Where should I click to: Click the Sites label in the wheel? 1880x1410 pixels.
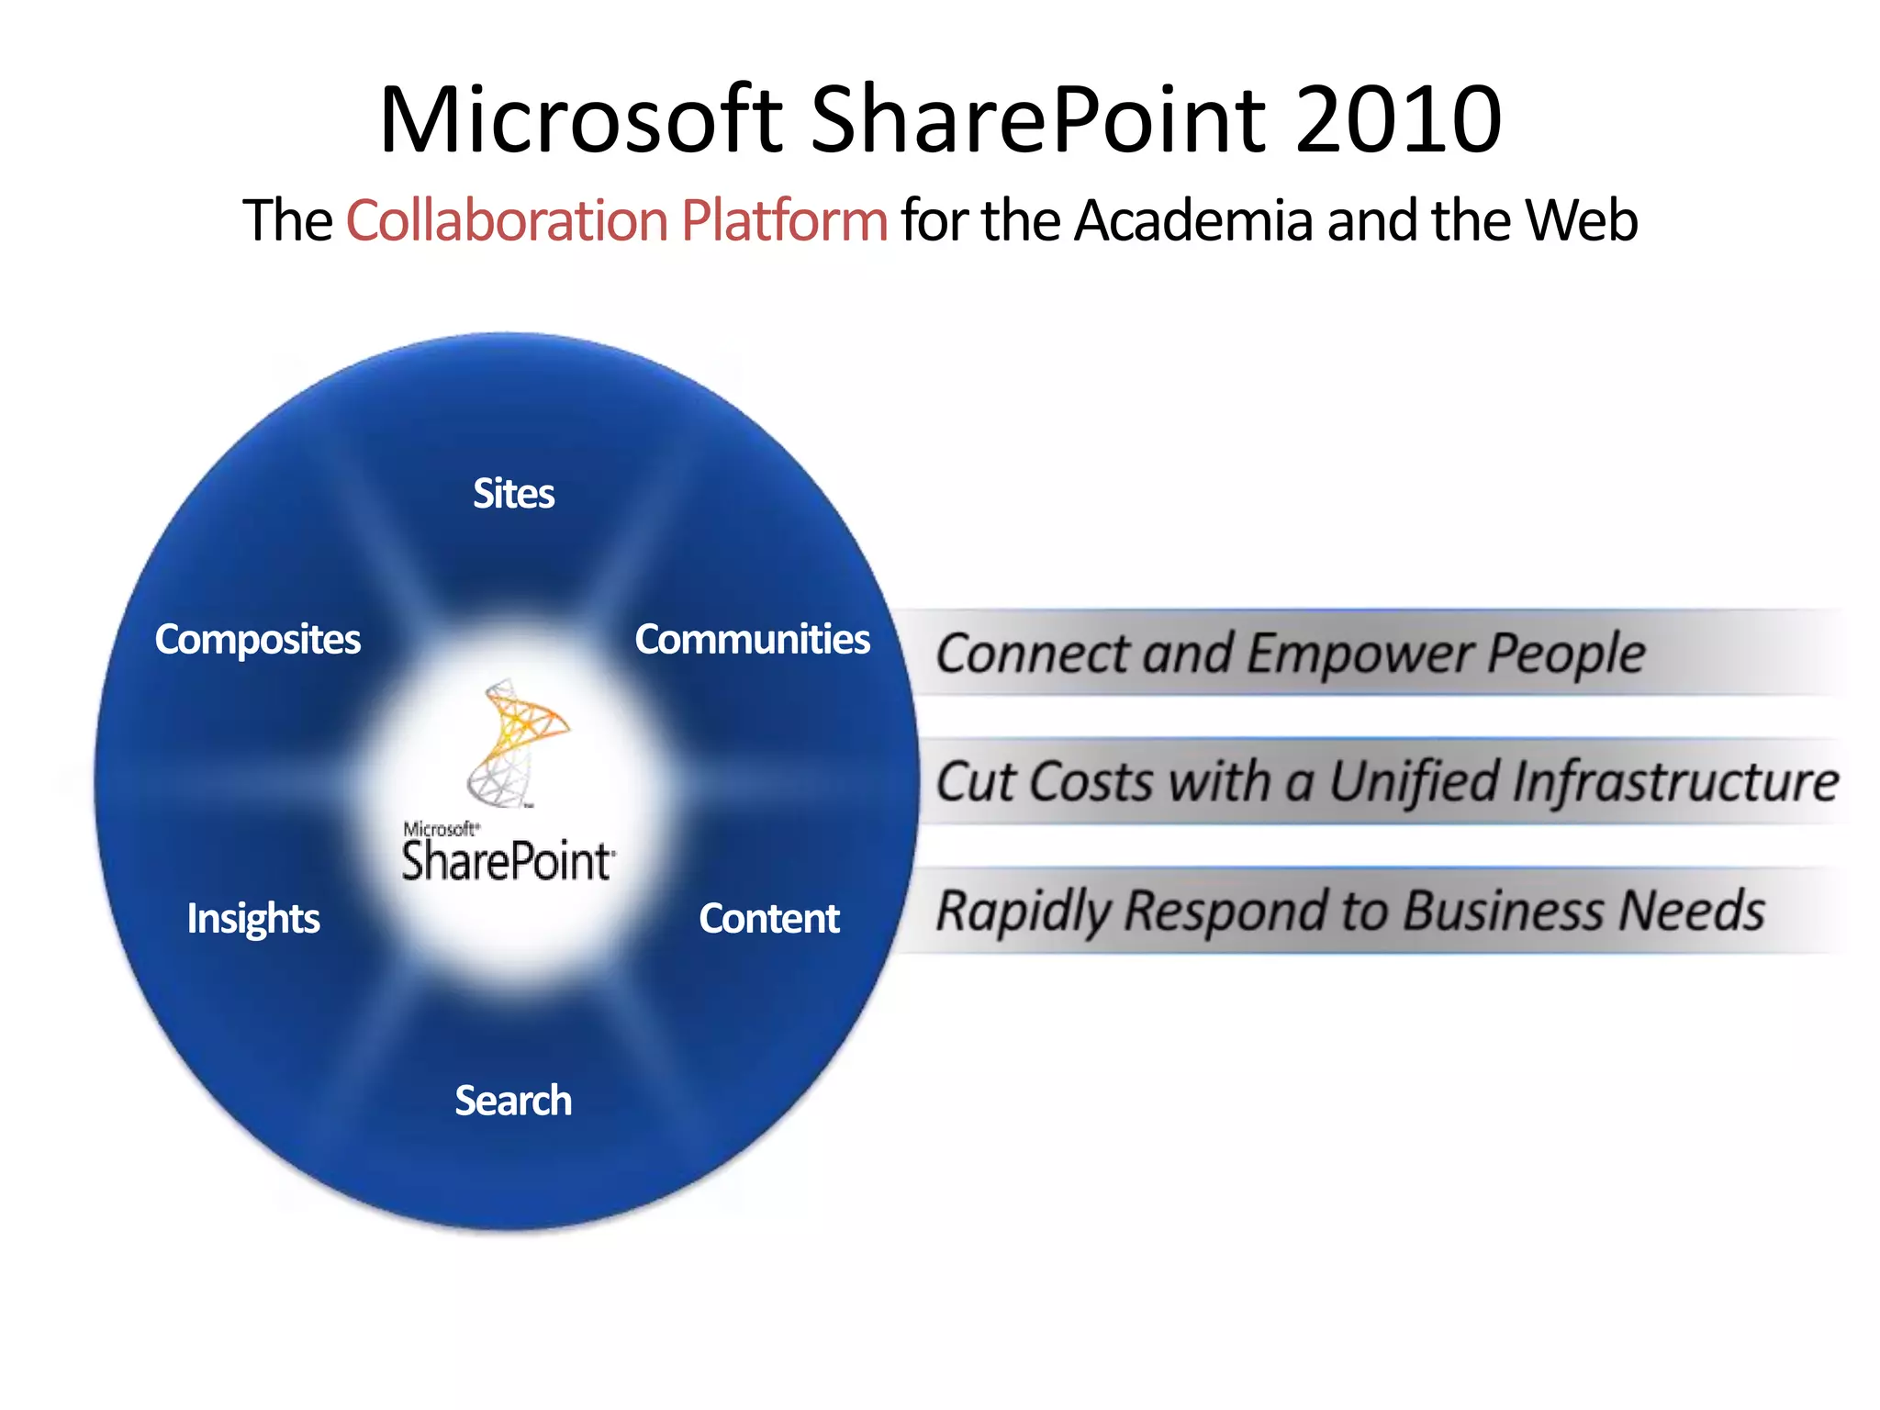click(x=513, y=494)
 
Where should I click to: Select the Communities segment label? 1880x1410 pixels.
click(x=752, y=639)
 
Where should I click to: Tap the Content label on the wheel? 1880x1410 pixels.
click(x=768, y=918)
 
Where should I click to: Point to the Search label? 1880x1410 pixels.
click(x=513, y=1100)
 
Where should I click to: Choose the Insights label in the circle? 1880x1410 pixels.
click(x=253, y=918)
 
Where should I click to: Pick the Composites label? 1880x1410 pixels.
click(x=257, y=639)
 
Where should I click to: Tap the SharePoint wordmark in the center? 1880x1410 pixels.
click(x=508, y=861)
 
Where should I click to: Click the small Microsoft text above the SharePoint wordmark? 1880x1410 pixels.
click(x=440, y=829)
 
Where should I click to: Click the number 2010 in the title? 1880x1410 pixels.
click(x=1398, y=119)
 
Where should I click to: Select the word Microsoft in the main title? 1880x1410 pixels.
click(x=580, y=119)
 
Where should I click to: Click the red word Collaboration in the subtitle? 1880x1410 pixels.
click(x=506, y=220)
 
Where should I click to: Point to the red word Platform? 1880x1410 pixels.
click(x=784, y=220)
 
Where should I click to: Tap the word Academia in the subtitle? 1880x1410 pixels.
click(x=1193, y=220)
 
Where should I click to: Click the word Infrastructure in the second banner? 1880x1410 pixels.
click(x=1675, y=782)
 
